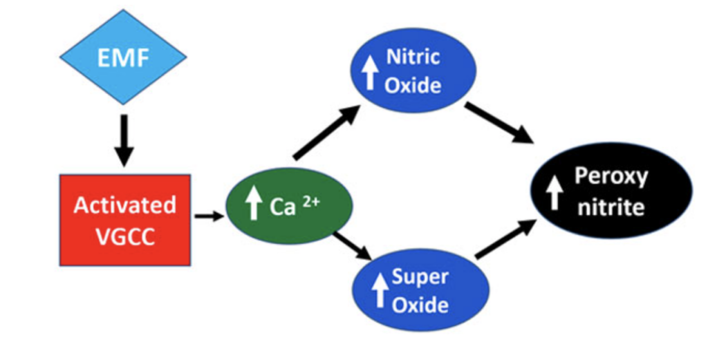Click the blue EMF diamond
point(124,58)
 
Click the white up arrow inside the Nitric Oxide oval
point(370,73)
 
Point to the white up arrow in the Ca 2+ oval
point(252,205)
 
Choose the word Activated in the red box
point(124,205)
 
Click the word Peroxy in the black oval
point(611,177)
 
